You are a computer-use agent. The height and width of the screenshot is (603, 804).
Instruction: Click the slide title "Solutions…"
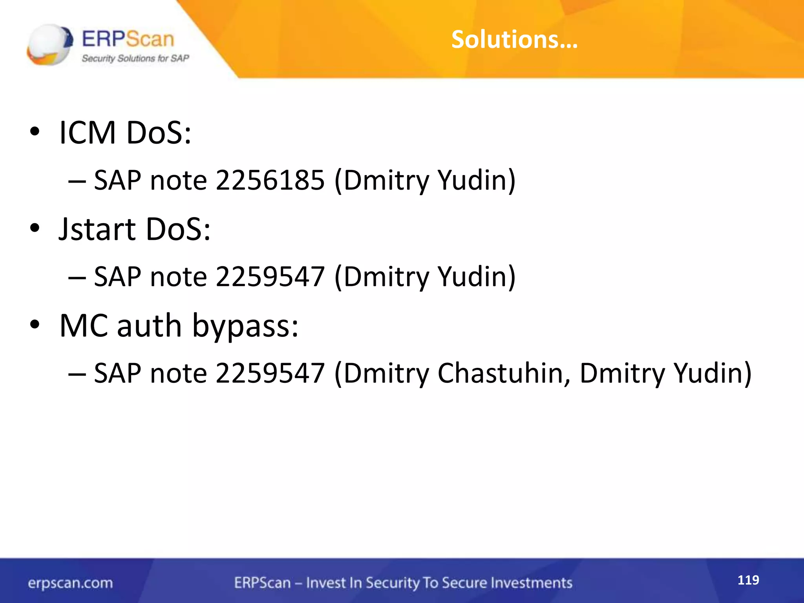514,40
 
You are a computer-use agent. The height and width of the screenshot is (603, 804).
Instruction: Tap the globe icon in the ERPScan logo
50,44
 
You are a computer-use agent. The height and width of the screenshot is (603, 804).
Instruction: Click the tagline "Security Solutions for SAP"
135,58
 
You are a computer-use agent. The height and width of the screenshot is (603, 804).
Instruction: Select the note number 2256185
270,181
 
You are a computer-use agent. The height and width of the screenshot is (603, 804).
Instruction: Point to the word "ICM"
88,133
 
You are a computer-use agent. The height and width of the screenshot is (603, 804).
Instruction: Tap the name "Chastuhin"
504,373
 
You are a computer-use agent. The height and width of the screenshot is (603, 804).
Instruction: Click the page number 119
748,580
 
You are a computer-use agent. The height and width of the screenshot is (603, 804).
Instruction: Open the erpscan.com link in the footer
70,583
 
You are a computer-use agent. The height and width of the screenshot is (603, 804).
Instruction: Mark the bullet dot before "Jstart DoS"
35,228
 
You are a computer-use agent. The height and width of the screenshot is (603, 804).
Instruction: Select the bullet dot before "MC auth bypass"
35,325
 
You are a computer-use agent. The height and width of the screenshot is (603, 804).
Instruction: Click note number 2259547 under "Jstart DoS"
270,277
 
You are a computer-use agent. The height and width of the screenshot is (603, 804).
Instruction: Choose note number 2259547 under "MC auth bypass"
270,373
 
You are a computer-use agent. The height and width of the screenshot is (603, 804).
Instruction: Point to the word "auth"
149,326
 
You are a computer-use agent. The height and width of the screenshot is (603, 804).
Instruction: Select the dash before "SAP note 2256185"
77,181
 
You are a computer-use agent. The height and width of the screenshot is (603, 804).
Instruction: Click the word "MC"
84,326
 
